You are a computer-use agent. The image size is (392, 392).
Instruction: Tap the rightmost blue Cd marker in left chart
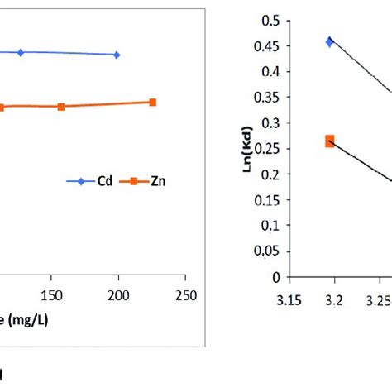tap(117, 55)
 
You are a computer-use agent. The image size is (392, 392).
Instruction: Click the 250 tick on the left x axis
tap(186, 295)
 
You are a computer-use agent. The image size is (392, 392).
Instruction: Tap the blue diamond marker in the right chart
tap(330, 41)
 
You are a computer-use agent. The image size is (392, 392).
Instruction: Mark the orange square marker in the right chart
tap(330, 141)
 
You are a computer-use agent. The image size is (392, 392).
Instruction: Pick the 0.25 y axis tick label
tap(268, 149)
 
